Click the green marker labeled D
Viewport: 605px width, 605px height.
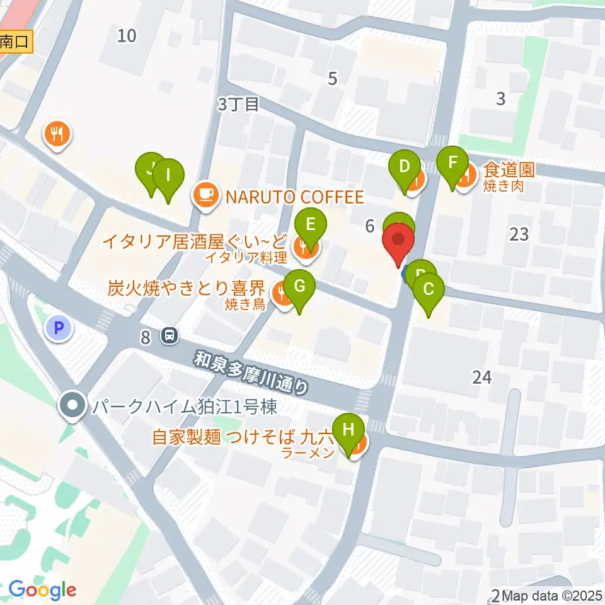(x=404, y=168)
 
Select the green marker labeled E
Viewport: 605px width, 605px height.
(x=310, y=225)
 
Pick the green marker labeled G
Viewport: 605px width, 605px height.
(x=301, y=286)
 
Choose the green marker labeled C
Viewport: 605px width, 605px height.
(x=429, y=290)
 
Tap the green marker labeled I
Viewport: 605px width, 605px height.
(x=168, y=176)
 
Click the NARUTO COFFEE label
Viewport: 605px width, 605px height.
(x=295, y=197)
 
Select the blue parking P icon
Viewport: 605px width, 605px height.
(x=59, y=328)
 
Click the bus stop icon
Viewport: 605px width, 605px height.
(x=170, y=336)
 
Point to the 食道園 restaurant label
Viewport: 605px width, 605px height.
(x=509, y=170)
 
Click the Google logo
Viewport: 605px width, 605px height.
(x=42, y=591)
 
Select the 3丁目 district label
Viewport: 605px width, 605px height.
(x=238, y=105)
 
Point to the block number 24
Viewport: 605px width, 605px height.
(x=481, y=377)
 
